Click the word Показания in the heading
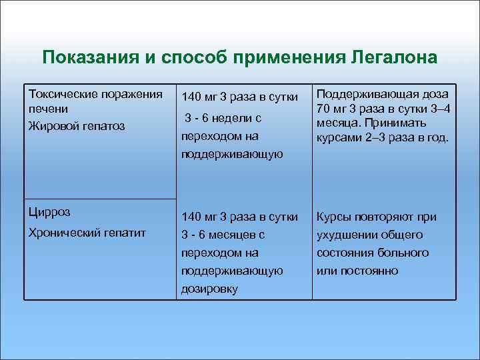coord(91,57)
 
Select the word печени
coord(45,108)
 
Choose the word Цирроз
coord(49,213)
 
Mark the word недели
coord(237,118)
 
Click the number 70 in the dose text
coord(323,108)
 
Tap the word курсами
coord(340,139)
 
